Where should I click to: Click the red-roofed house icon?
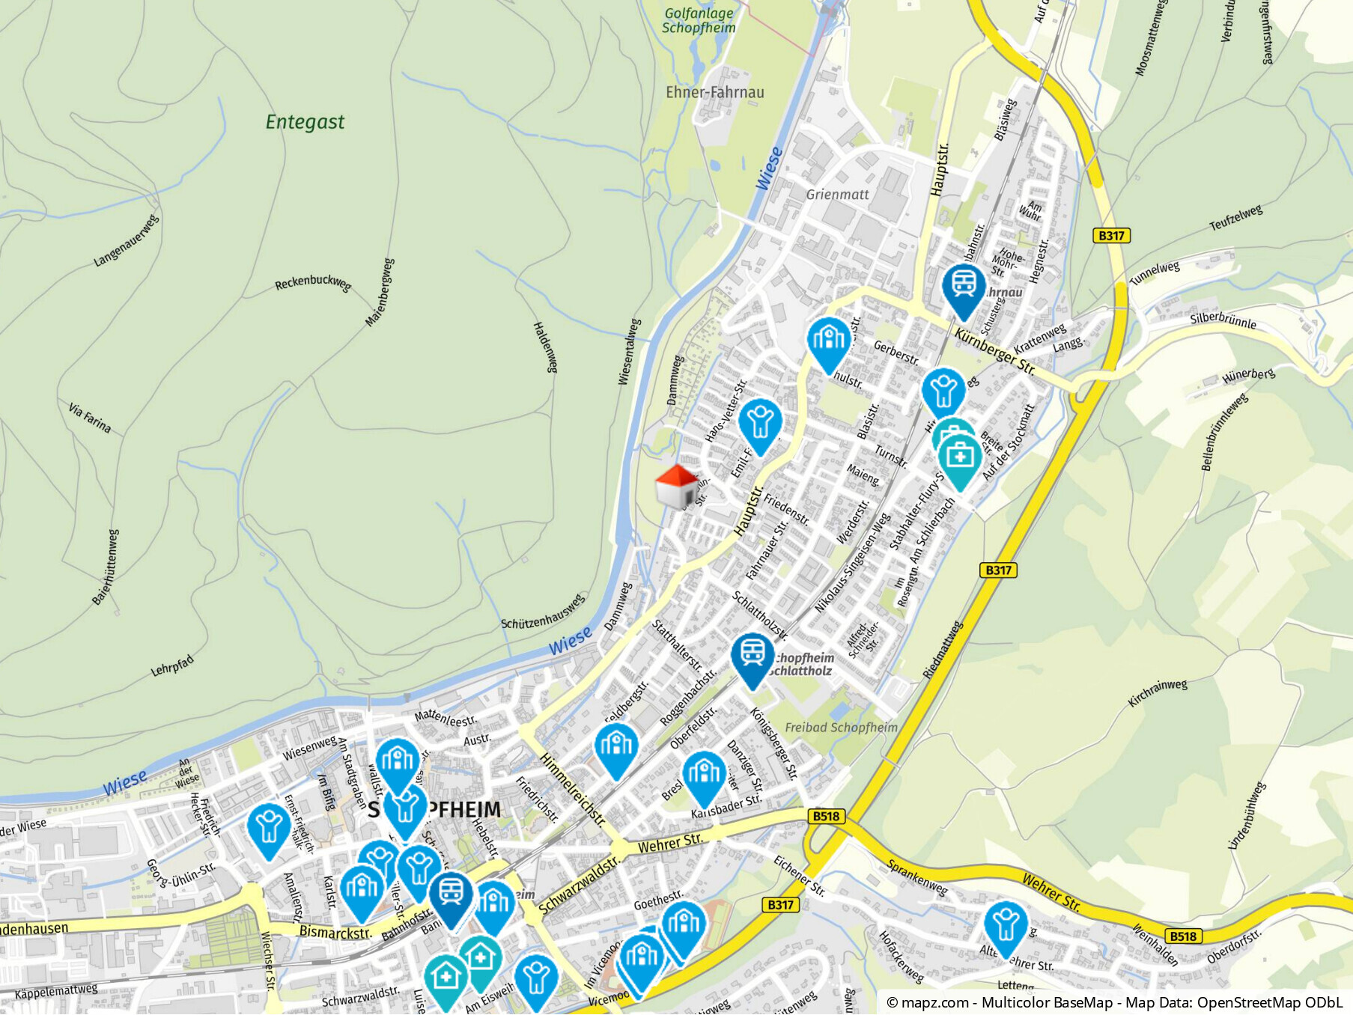(676, 487)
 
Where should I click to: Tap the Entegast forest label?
(305, 122)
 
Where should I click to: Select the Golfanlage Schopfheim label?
(699, 21)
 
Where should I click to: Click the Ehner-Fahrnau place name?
(715, 93)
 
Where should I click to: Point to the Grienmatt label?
(837, 195)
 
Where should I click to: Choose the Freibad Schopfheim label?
(841, 728)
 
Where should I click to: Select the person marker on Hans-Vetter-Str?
(760, 424)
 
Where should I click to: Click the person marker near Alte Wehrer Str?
(1006, 926)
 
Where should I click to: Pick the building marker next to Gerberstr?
(829, 341)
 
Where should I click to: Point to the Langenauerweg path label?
(127, 241)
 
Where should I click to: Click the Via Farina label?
(90, 418)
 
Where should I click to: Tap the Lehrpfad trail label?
(172, 665)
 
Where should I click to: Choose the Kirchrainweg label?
(1158, 693)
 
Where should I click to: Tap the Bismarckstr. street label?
(335, 933)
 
